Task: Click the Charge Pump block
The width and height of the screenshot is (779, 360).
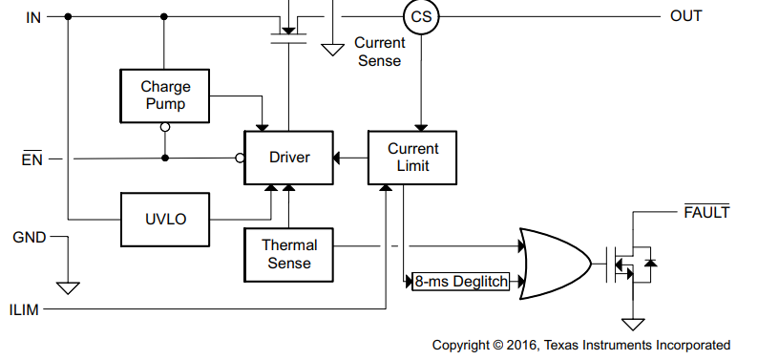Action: coord(165,95)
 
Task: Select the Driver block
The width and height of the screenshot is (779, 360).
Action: coord(288,158)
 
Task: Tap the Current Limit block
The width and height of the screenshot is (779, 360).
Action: coord(413,158)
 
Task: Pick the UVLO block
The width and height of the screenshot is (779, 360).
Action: coord(165,219)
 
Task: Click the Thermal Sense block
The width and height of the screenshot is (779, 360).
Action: coord(289,254)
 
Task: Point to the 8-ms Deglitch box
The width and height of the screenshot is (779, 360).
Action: coord(461,282)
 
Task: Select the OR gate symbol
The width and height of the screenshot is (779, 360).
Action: coord(554,264)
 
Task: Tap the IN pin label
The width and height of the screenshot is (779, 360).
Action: coord(33,16)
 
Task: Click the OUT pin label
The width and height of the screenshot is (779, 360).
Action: coord(685,16)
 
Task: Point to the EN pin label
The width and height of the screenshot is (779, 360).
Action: coord(32,159)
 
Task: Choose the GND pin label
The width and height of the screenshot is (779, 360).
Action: coord(29,236)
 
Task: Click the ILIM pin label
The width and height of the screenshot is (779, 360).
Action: coord(26,309)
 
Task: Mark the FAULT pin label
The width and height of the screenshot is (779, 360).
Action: coord(706,212)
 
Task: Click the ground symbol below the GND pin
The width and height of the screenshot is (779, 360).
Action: coord(68,287)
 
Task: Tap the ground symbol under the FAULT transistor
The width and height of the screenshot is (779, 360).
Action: coord(632,325)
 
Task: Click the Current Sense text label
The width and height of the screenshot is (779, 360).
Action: coord(379,52)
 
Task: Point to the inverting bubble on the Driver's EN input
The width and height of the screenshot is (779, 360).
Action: coord(240,159)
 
